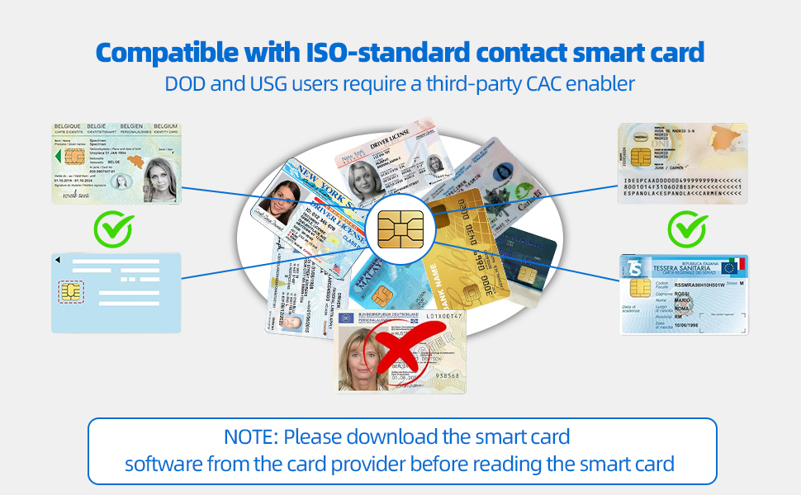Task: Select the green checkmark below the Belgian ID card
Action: tap(113, 229)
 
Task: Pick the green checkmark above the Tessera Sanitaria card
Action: tap(685, 229)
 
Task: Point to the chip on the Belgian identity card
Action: tap(72, 157)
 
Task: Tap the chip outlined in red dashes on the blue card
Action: tap(70, 291)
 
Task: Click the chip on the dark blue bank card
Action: tap(526, 274)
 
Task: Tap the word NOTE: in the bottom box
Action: tap(250, 436)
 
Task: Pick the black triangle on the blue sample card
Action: tap(58, 261)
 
